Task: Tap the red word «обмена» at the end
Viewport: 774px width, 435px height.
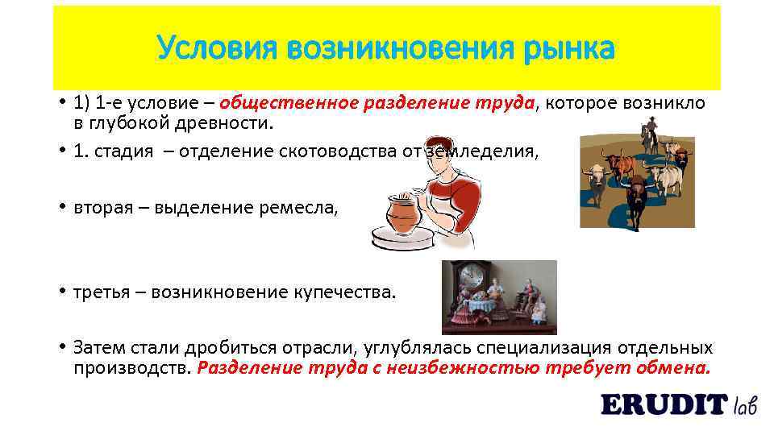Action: coord(676,368)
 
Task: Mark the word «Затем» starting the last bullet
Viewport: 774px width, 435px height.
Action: coord(96,347)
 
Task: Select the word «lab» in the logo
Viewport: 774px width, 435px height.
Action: coord(745,404)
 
